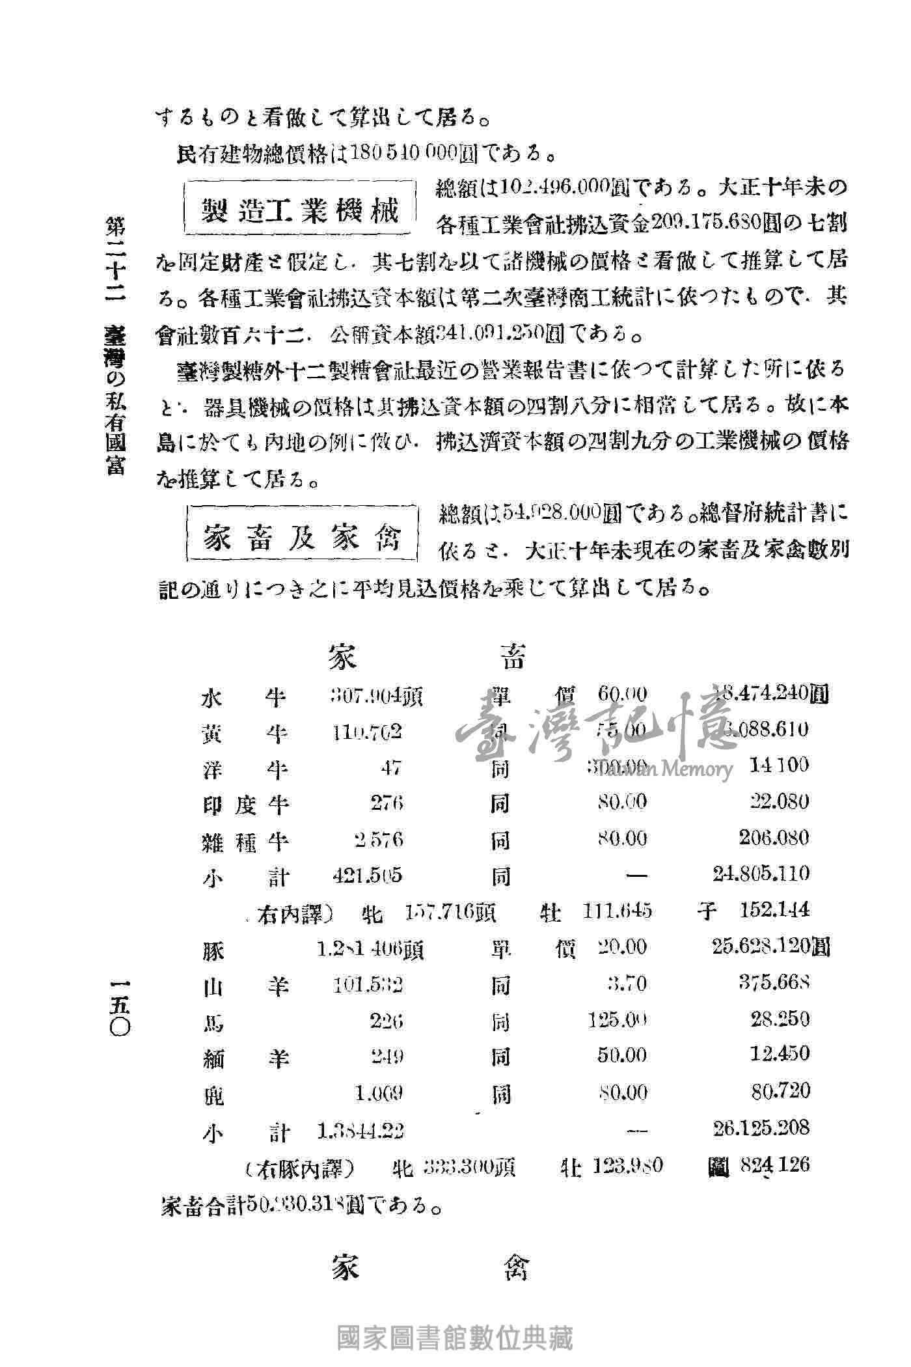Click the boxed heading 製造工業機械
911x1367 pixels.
point(301,208)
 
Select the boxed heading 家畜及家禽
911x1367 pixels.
point(301,536)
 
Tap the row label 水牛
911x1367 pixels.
point(244,697)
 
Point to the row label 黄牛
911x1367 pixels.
point(244,733)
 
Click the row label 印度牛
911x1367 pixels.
point(244,805)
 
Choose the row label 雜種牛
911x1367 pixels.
point(244,840)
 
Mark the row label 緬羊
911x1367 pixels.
point(244,1056)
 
